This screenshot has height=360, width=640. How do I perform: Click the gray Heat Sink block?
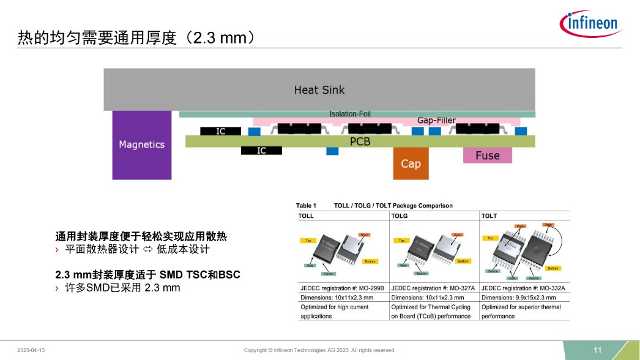[x=319, y=89]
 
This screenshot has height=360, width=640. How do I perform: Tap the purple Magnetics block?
[x=141, y=144]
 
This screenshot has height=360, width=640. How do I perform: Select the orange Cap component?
[x=411, y=163]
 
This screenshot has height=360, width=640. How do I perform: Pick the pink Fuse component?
[x=487, y=156]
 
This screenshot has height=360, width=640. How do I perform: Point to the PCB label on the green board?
[x=360, y=141]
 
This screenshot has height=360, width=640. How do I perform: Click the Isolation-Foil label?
[x=350, y=114]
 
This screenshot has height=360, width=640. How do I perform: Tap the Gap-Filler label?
[x=436, y=121]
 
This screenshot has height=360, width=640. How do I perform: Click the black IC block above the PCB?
[x=221, y=131]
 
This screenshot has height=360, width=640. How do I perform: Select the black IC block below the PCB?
[x=261, y=151]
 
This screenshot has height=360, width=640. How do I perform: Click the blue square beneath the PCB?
[x=332, y=151]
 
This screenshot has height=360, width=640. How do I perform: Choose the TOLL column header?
[x=306, y=216]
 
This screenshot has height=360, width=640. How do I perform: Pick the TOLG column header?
[x=400, y=216]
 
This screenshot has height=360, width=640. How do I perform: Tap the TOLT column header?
[x=489, y=216]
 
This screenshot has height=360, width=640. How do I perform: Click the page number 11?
[x=598, y=350]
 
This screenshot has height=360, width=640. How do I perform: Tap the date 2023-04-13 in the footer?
[x=31, y=350]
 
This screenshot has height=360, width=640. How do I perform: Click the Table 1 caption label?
[x=306, y=206]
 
